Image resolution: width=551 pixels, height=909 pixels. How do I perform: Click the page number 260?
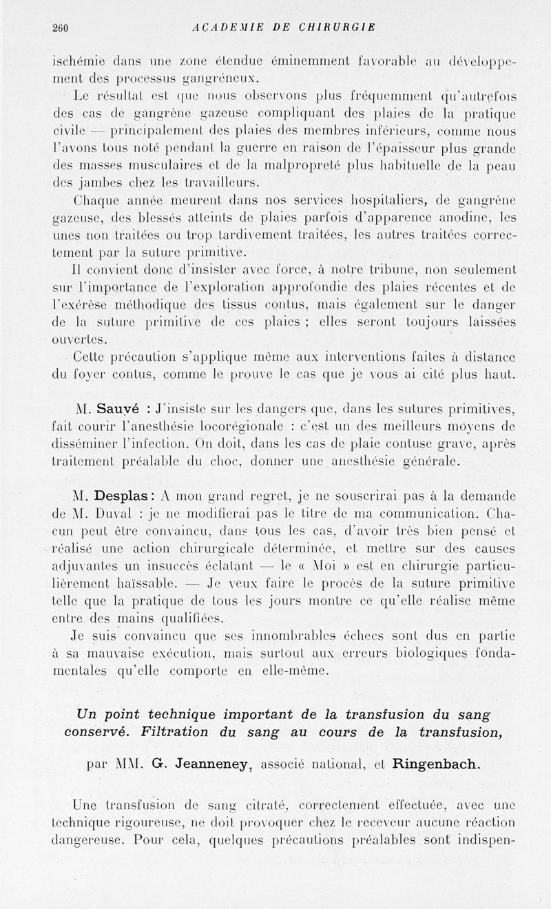62,28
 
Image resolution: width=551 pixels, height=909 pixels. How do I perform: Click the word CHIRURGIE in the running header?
338,28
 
